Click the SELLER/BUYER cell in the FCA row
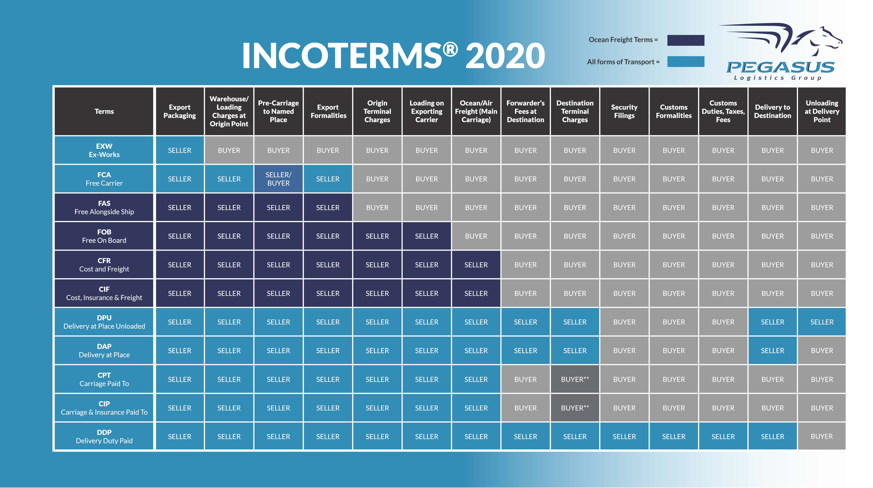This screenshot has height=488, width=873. pos(278,179)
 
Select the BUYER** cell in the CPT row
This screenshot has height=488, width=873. pos(575,379)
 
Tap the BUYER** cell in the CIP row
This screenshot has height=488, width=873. pos(575,408)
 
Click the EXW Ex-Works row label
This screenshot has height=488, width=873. pos(104,150)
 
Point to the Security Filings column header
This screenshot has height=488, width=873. pos(624,111)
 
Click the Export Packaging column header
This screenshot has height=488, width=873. pos(180,111)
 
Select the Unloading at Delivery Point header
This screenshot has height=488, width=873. pos(822,111)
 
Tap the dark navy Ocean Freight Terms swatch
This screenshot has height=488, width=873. pos(686,40)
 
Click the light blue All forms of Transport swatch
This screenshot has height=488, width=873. pos(686,62)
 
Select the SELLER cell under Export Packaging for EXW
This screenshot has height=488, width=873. pos(180,150)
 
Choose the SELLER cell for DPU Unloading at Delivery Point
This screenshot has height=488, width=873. pos(822,322)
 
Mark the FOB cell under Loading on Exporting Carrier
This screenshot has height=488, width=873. pos(427,236)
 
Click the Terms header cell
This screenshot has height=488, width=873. pos(104,111)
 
